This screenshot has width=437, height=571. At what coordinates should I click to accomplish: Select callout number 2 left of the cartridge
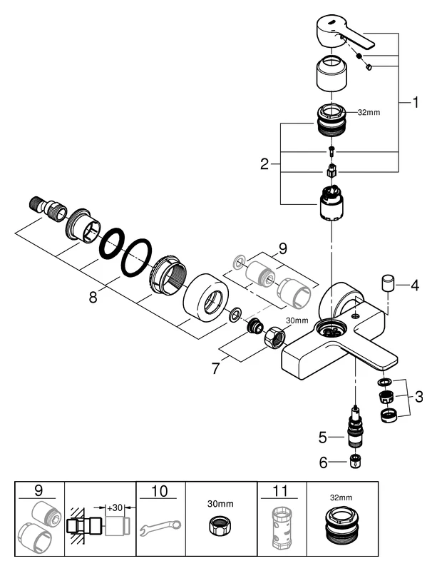(265, 164)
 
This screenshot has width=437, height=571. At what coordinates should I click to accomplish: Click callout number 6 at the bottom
(323, 462)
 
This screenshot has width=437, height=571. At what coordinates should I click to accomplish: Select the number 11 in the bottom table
(282, 492)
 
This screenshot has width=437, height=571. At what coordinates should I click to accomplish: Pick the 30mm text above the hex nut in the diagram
(297, 320)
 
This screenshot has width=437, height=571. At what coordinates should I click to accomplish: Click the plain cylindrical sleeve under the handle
(331, 75)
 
